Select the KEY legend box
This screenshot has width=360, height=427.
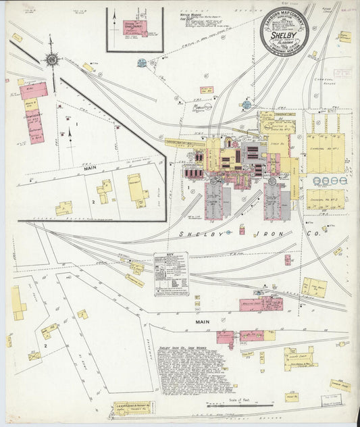171,274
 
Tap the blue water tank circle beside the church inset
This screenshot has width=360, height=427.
142,63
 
